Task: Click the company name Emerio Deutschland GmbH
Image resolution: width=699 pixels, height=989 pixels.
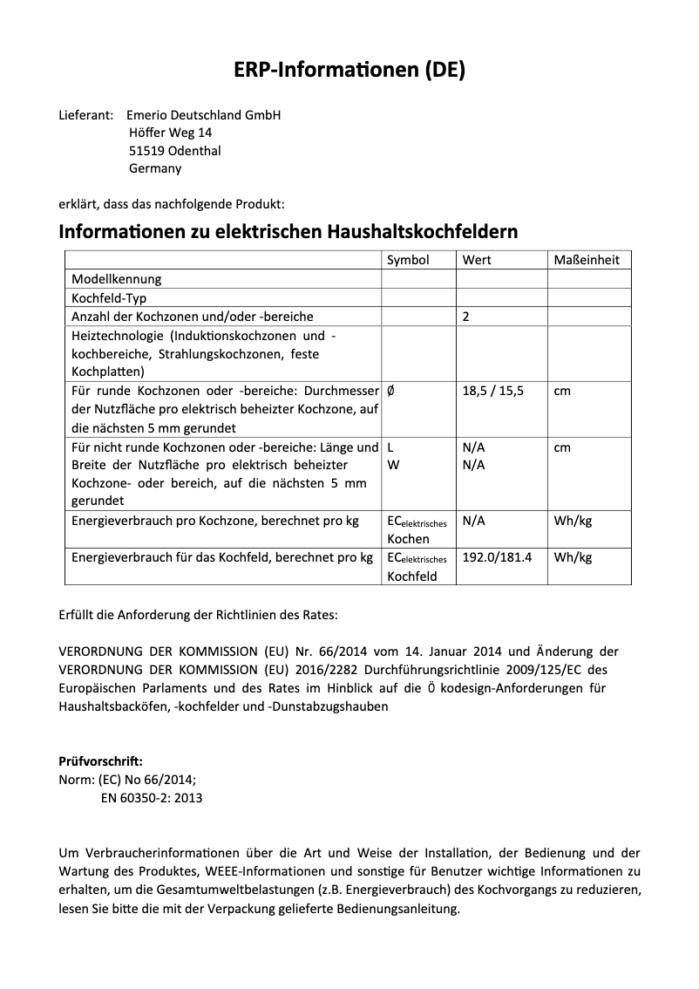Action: pos(203,115)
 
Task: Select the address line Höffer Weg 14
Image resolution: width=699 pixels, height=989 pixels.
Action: pos(170,133)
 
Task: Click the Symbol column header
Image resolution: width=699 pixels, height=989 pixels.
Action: pos(408,260)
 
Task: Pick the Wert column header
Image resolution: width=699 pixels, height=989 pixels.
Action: pos(477,260)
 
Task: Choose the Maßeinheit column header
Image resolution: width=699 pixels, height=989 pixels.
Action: pos(587,260)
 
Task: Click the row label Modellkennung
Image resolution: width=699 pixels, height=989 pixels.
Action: pos(116,279)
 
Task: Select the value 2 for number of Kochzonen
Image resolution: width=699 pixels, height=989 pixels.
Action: pos(466,317)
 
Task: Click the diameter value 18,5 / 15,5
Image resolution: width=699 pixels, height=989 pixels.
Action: pos(493,391)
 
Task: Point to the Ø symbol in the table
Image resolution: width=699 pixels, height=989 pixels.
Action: pos(390,391)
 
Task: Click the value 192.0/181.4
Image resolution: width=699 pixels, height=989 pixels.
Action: pos(497,556)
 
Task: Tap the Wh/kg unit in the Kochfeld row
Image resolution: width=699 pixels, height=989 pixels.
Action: pos(573,556)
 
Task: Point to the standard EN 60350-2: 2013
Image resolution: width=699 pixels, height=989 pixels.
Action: pos(146,798)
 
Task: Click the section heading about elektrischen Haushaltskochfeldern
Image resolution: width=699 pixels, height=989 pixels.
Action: pos(288,232)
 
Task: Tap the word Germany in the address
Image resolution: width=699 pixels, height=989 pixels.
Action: pos(155,168)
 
